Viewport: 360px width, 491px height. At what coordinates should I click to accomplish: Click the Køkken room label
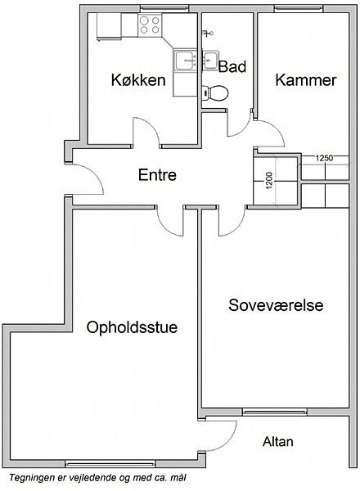[x=138, y=80]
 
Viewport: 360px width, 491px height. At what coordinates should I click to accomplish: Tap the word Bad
[x=232, y=67]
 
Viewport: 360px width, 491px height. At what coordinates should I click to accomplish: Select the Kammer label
[x=306, y=80]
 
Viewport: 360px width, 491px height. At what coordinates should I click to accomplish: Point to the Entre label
[x=157, y=175]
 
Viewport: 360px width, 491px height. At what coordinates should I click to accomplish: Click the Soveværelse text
[x=276, y=305]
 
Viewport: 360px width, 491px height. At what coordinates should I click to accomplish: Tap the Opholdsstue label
[x=132, y=327]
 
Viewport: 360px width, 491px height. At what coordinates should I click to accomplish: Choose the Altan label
[x=278, y=442]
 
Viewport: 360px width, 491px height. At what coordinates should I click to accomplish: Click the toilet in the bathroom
[x=215, y=93]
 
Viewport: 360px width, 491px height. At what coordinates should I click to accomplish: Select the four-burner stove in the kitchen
[x=150, y=25]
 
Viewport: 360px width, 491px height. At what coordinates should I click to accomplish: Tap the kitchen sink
[x=186, y=61]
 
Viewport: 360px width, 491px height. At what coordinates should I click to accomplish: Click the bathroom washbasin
[x=210, y=60]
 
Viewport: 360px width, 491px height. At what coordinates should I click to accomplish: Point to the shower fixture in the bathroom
[x=208, y=33]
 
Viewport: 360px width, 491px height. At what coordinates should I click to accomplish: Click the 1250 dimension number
[x=324, y=158]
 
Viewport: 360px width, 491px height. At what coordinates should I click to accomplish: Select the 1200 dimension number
[x=270, y=181]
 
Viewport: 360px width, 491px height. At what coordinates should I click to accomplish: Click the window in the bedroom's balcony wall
[x=275, y=412]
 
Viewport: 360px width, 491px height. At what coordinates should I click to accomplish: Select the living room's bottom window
[x=110, y=464]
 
